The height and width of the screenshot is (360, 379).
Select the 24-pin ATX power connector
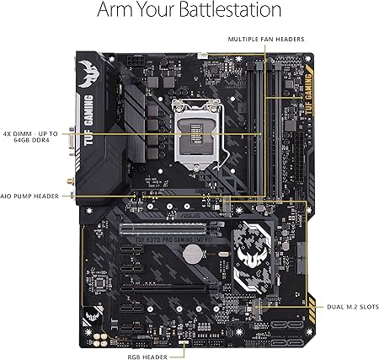tap(294, 160)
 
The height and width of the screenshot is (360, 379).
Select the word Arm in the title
tap(118, 11)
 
